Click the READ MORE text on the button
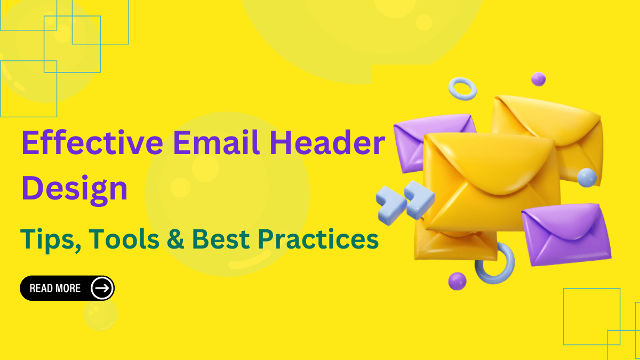55,289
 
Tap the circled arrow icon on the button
101,289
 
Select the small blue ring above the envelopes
462,89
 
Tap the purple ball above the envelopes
538,79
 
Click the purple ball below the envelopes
457,281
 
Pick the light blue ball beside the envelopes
587,178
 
